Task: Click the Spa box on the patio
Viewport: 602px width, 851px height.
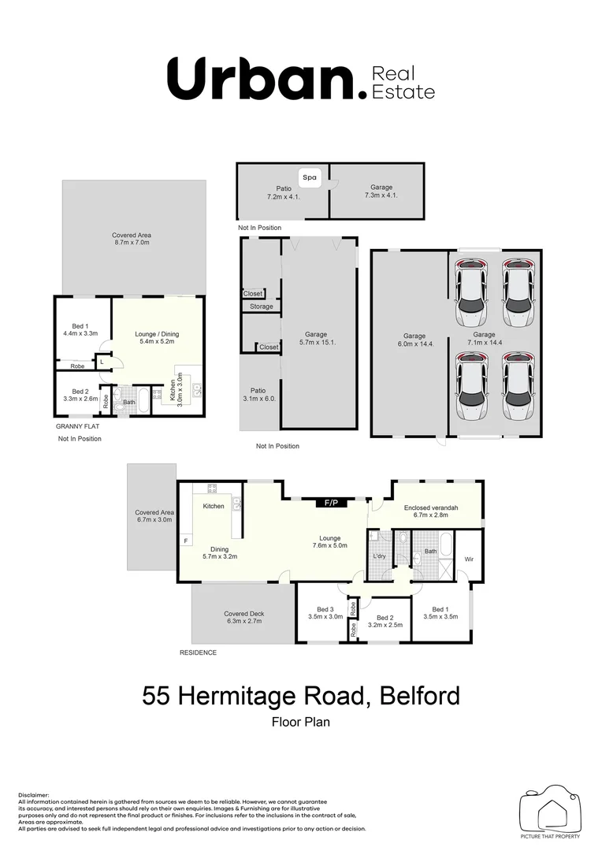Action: click(x=310, y=178)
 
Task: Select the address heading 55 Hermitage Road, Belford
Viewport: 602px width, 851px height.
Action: click(x=300, y=697)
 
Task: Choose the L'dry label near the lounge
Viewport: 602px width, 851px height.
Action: click(x=380, y=558)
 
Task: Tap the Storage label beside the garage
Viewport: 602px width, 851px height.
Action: click(x=261, y=307)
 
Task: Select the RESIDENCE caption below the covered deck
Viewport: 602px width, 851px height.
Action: click(x=198, y=652)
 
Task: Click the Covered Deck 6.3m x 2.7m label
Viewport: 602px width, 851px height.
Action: click(x=243, y=617)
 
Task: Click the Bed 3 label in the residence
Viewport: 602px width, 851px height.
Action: click(x=325, y=613)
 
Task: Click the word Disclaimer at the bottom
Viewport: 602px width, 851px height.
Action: click(x=32, y=796)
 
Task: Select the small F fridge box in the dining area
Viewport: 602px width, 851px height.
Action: click(x=186, y=541)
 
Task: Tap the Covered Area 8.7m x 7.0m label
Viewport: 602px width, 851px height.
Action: click(x=131, y=239)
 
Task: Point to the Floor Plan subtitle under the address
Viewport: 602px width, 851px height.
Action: click(x=300, y=721)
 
